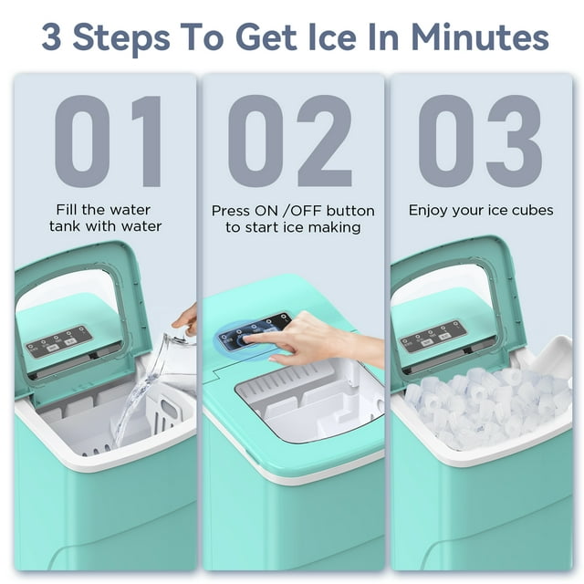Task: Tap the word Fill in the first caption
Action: (x=70, y=209)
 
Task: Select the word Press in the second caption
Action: (x=231, y=210)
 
